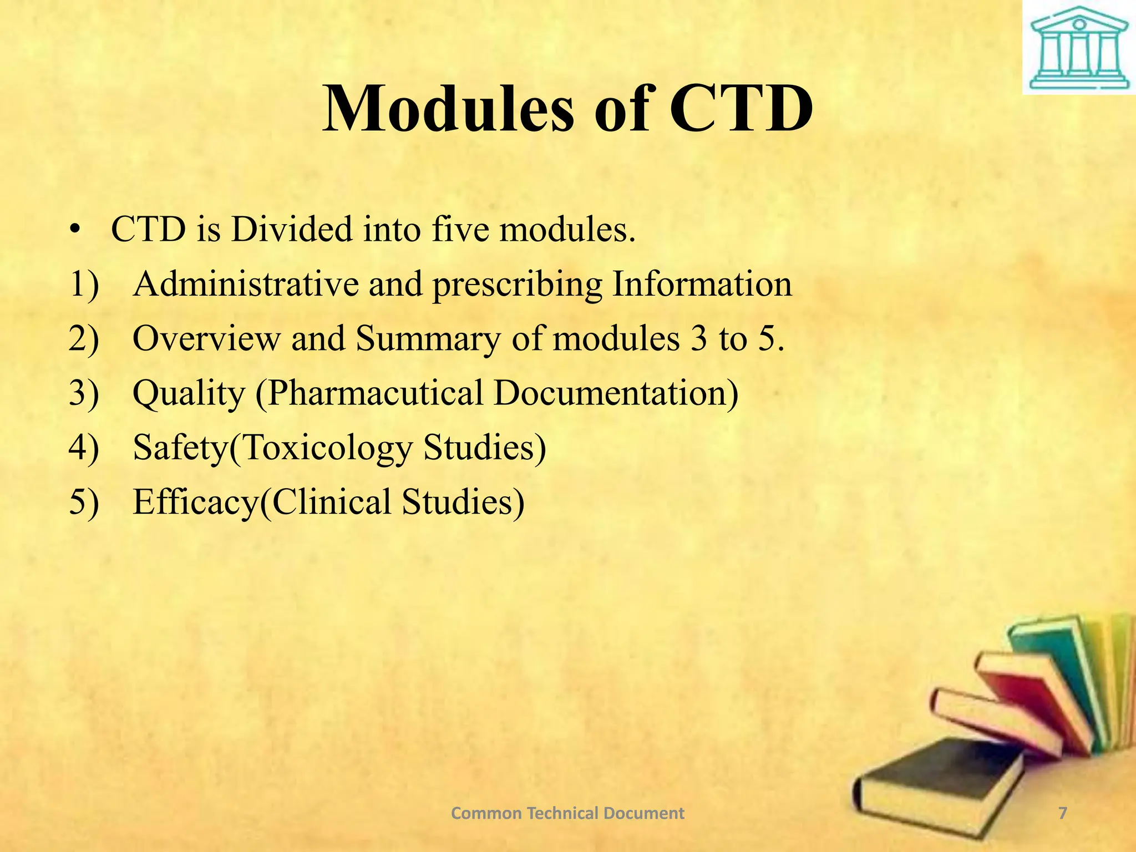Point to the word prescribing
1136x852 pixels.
pos(517,285)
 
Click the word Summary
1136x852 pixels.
pos(427,339)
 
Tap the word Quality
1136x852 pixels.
pos(189,393)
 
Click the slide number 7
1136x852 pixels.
pos(1062,813)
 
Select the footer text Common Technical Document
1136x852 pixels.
pos(567,813)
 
